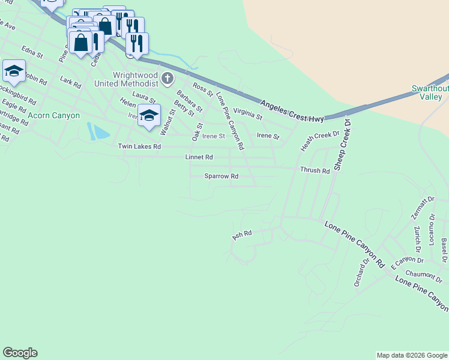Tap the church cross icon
167,78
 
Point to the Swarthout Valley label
430,92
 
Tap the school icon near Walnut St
149,115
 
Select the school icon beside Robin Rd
14,71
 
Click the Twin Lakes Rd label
139,146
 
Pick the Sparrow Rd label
221,176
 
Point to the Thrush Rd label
315,170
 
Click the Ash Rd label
242,235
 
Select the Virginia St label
248,112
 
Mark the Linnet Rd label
199,157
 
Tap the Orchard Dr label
361,272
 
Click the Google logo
20,353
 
